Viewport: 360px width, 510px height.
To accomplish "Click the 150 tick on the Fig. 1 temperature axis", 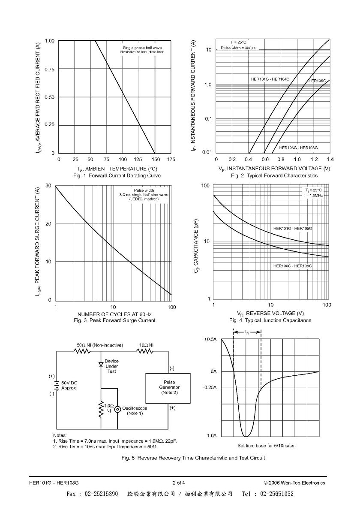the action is pyautogui.click(x=155, y=160).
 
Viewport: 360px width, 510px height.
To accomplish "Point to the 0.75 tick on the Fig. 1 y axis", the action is pyautogui.click(x=49, y=69).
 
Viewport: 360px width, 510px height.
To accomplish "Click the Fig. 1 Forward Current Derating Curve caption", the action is pyautogui.click(x=117, y=175).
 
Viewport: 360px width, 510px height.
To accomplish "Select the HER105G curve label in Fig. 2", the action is pyautogui.click(x=317, y=81).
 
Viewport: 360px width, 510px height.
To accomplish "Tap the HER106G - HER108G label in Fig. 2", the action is pyautogui.click(x=298, y=148).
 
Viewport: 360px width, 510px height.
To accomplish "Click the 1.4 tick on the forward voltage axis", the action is pyautogui.click(x=330, y=160).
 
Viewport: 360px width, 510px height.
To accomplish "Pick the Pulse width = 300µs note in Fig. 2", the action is pyautogui.click(x=238, y=48).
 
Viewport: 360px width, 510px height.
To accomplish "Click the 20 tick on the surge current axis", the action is pyautogui.click(x=48, y=223).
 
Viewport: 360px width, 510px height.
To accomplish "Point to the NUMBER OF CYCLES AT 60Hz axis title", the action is pyautogui.click(x=114, y=314).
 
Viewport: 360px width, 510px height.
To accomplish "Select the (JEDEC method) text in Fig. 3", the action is pyautogui.click(x=144, y=199).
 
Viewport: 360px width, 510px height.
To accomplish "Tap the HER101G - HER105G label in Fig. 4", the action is pyautogui.click(x=293, y=228).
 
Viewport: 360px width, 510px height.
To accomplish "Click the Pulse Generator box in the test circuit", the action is pyautogui.click(x=168, y=388).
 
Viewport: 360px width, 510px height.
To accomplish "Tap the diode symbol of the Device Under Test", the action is pyautogui.click(x=101, y=364).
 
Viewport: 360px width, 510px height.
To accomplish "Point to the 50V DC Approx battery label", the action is pyautogui.click(x=69, y=386).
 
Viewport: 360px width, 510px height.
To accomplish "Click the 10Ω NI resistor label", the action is pyautogui.click(x=146, y=345).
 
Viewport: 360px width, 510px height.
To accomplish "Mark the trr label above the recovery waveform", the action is pyautogui.click(x=247, y=332).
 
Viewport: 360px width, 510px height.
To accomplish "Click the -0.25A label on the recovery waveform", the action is pyautogui.click(x=210, y=388).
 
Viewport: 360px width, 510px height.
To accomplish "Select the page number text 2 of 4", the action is pyautogui.click(x=179, y=483).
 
